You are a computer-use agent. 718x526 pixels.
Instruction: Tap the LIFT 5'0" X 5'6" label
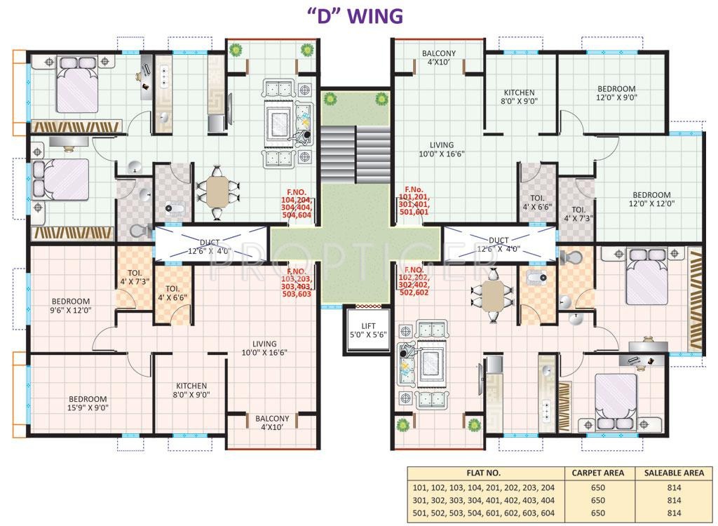click(363, 330)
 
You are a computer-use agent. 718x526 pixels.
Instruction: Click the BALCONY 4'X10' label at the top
click(438, 58)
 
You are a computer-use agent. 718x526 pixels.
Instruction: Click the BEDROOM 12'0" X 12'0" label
click(651, 199)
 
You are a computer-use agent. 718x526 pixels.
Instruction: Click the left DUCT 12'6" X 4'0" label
click(210, 247)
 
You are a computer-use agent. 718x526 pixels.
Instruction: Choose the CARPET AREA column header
click(598, 473)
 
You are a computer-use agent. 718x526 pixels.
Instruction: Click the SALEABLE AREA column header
click(673, 473)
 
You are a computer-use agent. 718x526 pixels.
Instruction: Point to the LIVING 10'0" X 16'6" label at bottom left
click(264, 348)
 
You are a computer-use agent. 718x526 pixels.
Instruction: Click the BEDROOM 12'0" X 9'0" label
click(616, 93)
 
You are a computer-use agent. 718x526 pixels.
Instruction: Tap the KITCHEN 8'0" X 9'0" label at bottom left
click(191, 390)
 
